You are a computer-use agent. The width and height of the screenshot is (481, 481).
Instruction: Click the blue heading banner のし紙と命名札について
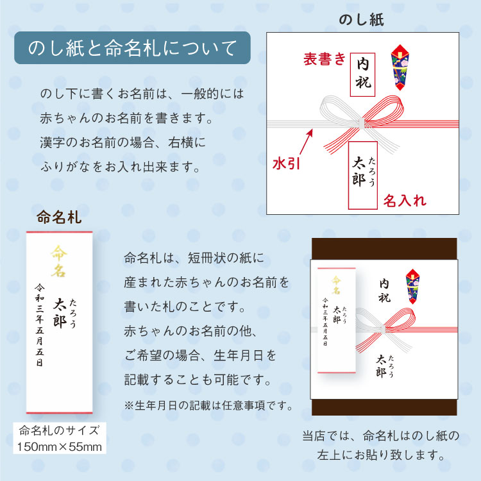132,48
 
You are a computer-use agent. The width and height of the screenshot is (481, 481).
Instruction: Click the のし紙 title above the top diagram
361,20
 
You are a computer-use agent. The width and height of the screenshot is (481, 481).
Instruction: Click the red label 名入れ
405,201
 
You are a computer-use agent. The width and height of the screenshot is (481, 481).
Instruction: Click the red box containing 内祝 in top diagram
363,74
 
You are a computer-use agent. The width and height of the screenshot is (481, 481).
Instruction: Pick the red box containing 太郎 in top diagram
362,174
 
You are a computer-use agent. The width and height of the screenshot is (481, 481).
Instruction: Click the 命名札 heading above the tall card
60,217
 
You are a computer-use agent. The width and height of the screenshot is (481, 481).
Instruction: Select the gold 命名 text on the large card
59,262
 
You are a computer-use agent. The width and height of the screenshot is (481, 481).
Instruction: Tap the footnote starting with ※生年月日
208,405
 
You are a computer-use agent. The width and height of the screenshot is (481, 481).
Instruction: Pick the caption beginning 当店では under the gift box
381,446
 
